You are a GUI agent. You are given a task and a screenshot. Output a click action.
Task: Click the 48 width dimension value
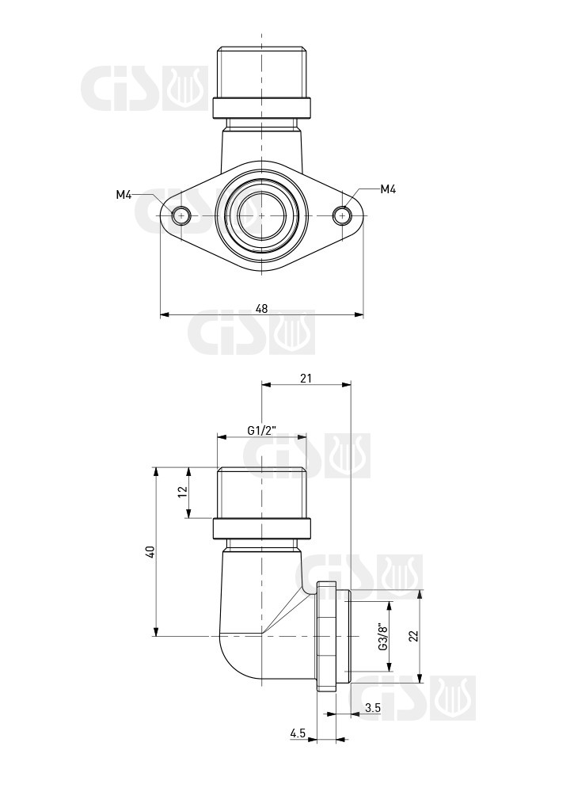pyautogui.click(x=261, y=308)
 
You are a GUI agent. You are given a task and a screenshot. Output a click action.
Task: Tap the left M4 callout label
pyautogui.click(x=123, y=195)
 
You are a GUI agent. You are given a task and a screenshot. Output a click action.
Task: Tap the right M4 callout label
pyautogui.click(x=388, y=189)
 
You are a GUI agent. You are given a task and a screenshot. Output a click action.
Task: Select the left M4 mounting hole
pyautogui.click(x=180, y=215)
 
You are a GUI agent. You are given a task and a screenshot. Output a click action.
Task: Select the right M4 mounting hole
pyautogui.click(x=343, y=215)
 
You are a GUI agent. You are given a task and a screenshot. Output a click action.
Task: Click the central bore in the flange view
pyautogui.click(x=261, y=215)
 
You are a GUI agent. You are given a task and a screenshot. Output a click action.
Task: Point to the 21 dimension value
pyautogui.click(x=306, y=378)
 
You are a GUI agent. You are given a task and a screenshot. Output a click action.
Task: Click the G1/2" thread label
pyautogui.click(x=261, y=430)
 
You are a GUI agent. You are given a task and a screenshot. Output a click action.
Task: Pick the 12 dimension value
pyautogui.click(x=182, y=492)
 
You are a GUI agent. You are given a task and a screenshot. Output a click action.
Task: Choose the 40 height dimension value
pyautogui.click(x=150, y=551)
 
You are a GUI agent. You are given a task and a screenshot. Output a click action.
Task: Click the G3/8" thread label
pyautogui.click(x=382, y=637)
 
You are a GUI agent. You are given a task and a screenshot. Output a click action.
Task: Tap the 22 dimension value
pyautogui.click(x=413, y=636)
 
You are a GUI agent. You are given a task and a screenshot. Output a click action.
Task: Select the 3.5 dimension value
pyautogui.click(x=373, y=708)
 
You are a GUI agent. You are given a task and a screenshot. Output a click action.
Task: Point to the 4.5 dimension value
pyautogui.click(x=298, y=733)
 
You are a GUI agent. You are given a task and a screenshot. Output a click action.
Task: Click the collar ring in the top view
pyautogui.click(x=261, y=107)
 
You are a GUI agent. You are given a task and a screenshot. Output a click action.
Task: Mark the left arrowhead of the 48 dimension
pyautogui.click(x=164, y=314)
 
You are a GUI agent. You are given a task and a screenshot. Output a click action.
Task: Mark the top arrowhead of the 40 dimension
pyautogui.click(x=156, y=471)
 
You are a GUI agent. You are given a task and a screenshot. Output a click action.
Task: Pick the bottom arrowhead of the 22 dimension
pyautogui.click(x=420, y=678)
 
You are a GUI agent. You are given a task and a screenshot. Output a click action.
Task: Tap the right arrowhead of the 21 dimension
pyautogui.click(x=346, y=385)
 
